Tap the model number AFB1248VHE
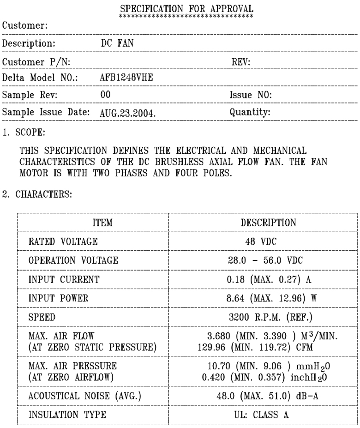[x=127, y=77]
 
